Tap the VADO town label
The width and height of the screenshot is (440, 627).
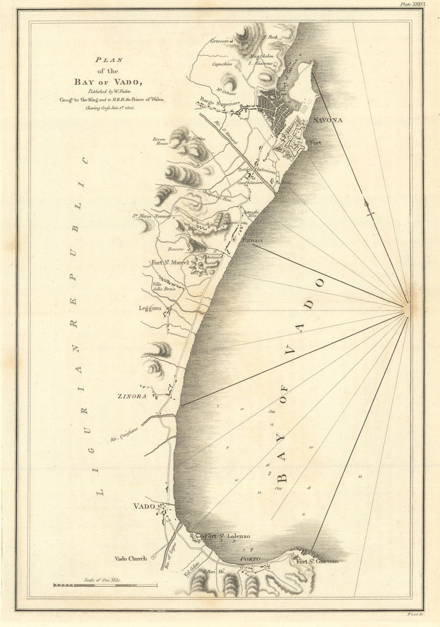pyautogui.click(x=145, y=506)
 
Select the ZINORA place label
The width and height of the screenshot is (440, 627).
pyautogui.click(x=132, y=396)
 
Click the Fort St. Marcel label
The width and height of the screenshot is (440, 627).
pyautogui.click(x=170, y=263)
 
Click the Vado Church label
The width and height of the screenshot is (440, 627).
pyautogui.click(x=130, y=559)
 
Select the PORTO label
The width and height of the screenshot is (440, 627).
pyautogui.click(x=250, y=559)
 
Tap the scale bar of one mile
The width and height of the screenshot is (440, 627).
pyautogui.click(x=105, y=585)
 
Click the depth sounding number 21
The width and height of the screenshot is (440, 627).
pyautogui.click(x=360, y=476)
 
